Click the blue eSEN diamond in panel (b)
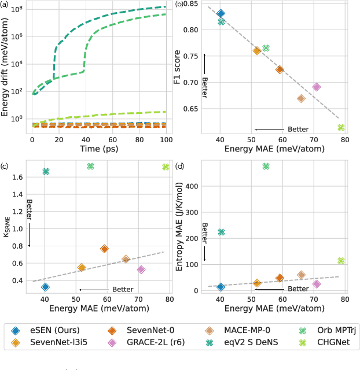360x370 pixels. point(221,13)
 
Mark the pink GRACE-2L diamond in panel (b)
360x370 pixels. point(317,87)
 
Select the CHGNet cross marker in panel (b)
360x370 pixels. point(341,127)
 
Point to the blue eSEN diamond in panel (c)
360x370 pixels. point(46,287)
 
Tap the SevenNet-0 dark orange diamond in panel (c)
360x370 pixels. point(104,249)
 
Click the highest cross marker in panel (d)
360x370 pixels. point(266,166)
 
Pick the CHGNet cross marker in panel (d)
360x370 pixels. point(341,261)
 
